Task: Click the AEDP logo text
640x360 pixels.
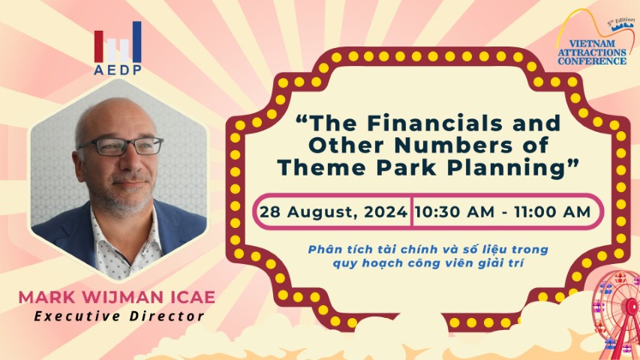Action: (x=118, y=70)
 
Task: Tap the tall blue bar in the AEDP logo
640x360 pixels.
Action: (x=137, y=42)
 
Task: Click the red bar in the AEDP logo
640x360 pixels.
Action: (x=98, y=46)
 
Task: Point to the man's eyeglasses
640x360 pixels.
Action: (x=122, y=146)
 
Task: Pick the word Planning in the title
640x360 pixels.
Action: (x=508, y=168)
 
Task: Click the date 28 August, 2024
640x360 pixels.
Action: (x=333, y=212)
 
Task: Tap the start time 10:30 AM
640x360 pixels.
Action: (x=455, y=212)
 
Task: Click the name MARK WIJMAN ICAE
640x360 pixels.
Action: (x=117, y=297)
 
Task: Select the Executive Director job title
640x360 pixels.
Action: (x=119, y=316)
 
